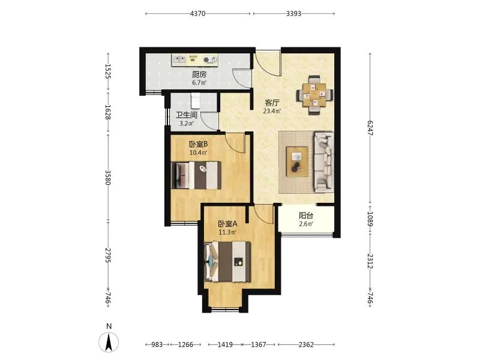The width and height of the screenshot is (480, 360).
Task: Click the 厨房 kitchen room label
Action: pos(199,74)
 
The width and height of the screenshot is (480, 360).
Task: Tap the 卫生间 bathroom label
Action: pos(186,115)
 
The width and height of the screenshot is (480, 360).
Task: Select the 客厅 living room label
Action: pos(272,103)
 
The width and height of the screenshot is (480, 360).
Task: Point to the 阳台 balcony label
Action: pos(306,215)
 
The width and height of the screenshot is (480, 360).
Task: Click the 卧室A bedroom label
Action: pos(227,224)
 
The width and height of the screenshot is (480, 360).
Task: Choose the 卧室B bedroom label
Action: pos(199,144)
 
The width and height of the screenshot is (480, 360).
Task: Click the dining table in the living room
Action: pos(314,95)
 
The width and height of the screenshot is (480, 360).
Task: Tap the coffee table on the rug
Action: pos(297,161)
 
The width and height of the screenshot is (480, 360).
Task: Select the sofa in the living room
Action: pos(324,162)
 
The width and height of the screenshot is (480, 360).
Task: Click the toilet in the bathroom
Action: pos(196,101)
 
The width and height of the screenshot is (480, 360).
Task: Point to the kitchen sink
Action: pos(179,59)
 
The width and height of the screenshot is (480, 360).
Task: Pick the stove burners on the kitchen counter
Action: pos(210,60)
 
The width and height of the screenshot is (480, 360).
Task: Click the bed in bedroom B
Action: pos(197,175)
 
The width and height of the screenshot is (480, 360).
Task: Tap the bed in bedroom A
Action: pos(228,262)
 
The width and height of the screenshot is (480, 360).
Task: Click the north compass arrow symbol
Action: pos(109,341)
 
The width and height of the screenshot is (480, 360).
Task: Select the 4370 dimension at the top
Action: pos(198,13)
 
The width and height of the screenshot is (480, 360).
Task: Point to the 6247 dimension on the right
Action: pos(370,128)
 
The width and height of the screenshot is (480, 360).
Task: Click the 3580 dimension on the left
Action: pos(107,178)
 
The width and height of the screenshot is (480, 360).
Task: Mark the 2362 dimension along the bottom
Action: pos(306,344)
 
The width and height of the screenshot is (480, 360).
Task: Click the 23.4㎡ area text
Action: pos(272,111)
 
